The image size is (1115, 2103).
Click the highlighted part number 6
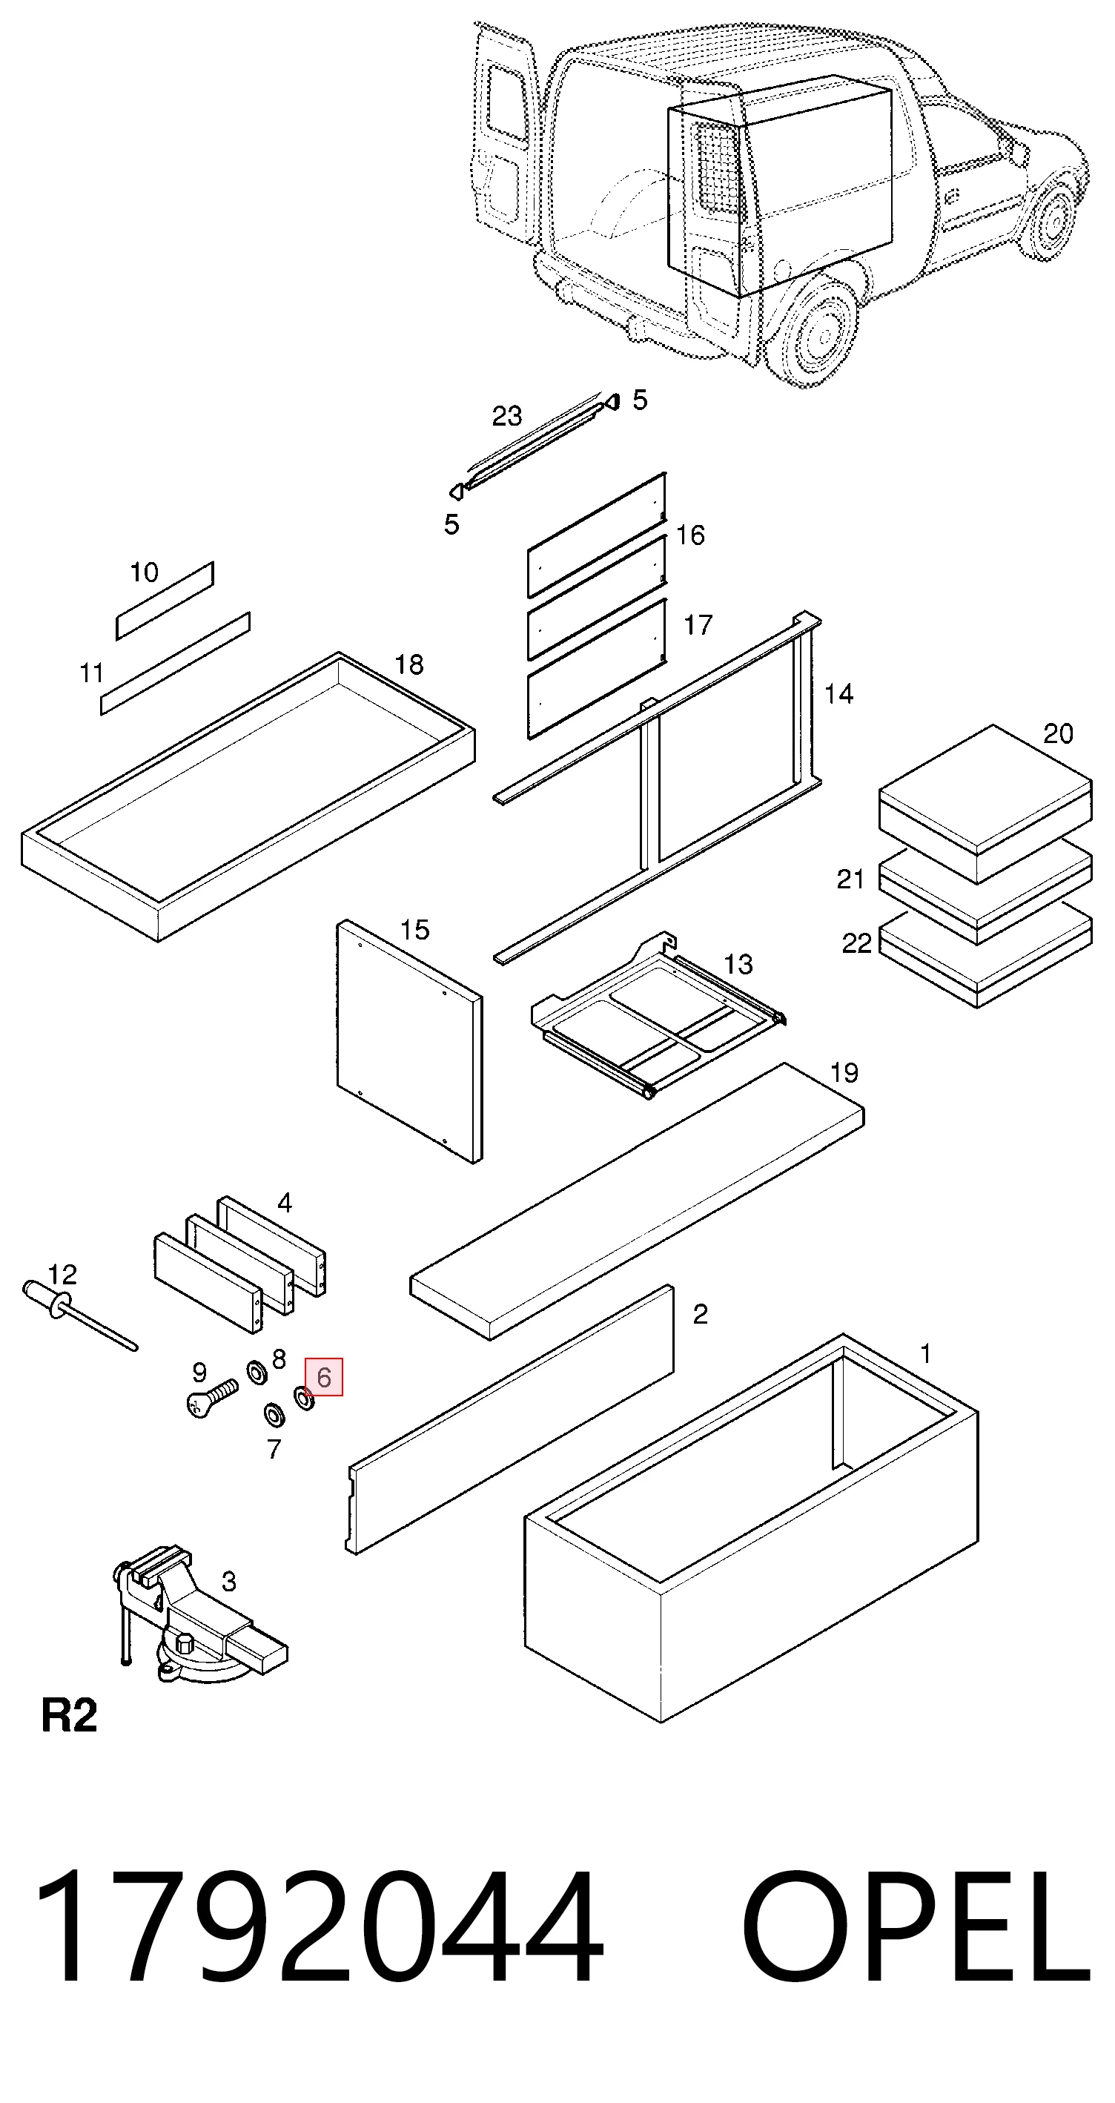pos(323,1377)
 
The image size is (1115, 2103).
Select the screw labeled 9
pos(212,1398)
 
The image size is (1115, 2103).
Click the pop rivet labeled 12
pos(78,1315)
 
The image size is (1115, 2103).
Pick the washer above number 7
pos(274,1415)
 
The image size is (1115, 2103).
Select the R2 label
pos(70,1715)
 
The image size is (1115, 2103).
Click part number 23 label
pos(506,416)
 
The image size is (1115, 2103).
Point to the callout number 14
pos(838,694)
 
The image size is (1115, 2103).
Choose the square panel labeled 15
pos(410,1041)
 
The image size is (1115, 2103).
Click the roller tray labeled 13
pos(658,1014)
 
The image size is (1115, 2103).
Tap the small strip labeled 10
pos(165,600)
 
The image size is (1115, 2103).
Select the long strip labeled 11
pos(176,664)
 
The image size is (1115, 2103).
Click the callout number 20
pos(1058,734)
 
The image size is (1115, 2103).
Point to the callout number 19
pos(844,1073)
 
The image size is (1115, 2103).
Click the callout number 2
pos(701,1314)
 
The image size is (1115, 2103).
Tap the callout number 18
pos(409,664)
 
